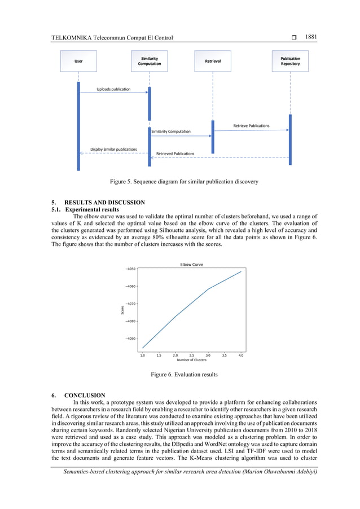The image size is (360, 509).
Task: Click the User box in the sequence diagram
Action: pos(78,61)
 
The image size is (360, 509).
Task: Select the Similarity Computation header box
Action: pos(149,61)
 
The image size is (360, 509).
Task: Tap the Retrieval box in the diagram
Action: pos(212,61)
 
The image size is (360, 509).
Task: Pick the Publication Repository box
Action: pos(290,61)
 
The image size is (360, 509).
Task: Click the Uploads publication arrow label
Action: pos(113,89)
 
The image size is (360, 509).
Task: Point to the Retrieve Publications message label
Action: pos(251,125)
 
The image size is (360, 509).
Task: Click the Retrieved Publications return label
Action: pos(175,153)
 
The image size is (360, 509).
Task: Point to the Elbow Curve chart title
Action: pos(191,264)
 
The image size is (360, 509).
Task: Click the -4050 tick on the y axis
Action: pos(130,269)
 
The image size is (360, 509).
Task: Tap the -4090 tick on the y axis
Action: pos(130,339)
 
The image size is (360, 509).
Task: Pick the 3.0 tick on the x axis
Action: pos(208,356)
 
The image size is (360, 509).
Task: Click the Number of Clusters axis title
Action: pos(191,360)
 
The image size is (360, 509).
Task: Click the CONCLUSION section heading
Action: pos(85,395)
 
